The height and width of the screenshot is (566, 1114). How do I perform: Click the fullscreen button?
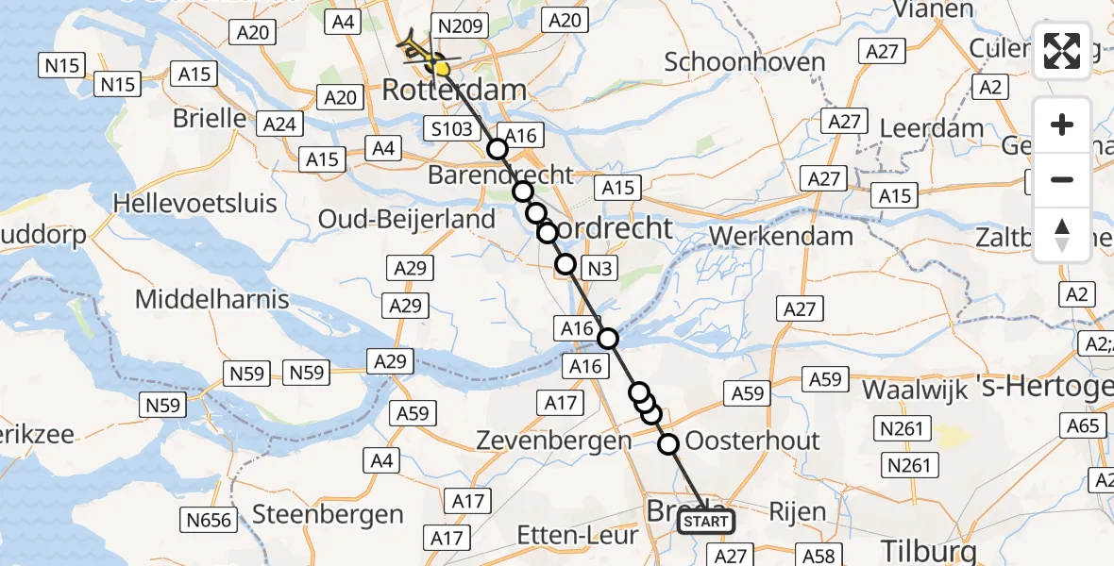[x=1062, y=51]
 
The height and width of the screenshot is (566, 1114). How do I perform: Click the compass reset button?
[x=1062, y=235]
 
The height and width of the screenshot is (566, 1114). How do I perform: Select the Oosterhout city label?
[x=752, y=441]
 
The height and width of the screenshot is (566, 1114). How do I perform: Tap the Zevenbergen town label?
[x=553, y=441]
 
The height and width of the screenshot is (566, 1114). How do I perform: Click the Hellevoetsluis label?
[x=195, y=203]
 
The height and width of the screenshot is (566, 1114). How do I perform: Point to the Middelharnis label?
[x=212, y=300]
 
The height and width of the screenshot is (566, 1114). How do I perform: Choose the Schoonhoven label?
[x=745, y=62]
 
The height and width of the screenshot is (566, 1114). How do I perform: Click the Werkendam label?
[x=782, y=236]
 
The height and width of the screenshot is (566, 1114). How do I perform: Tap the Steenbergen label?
[x=328, y=515]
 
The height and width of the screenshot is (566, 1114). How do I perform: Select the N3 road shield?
[x=600, y=269]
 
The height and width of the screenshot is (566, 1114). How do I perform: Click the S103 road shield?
[x=449, y=128]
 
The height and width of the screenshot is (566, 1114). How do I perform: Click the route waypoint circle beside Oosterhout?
[x=668, y=444]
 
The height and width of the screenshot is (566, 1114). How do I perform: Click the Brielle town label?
[x=210, y=120]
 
